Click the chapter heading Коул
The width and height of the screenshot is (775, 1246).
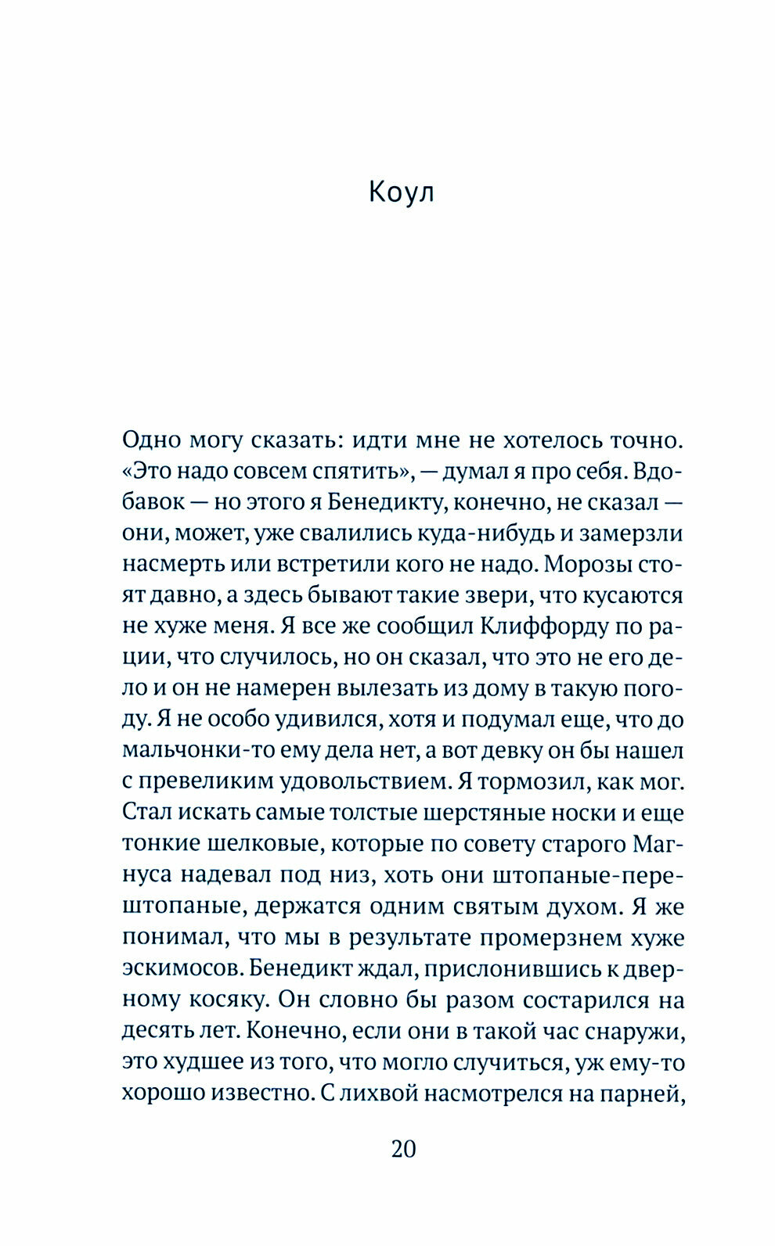tap(401, 192)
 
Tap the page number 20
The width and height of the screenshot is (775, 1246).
tap(403, 1149)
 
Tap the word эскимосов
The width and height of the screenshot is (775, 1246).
tap(179, 968)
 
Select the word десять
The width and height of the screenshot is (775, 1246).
tap(153, 1030)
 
